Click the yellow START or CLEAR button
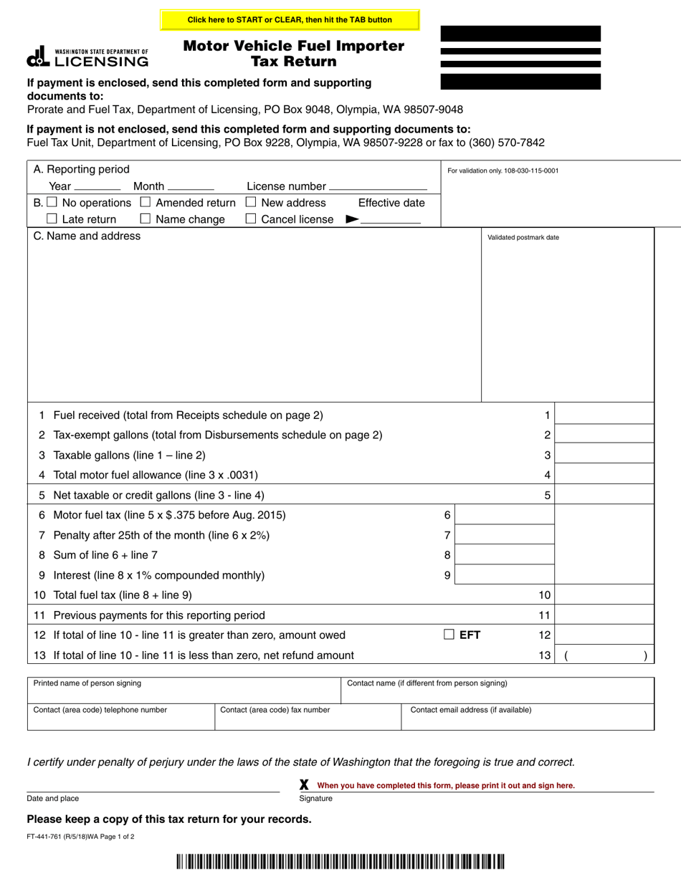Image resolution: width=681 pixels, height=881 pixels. [x=290, y=20]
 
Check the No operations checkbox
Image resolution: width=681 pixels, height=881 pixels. [x=52, y=203]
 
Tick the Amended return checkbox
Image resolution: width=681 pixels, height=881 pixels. [x=146, y=203]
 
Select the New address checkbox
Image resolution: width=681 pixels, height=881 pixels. [x=251, y=203]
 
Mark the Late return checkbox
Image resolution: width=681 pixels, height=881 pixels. [x=52, y=219]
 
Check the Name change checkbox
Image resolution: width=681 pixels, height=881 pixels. [x=146, y=219]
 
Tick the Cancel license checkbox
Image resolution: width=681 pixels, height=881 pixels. [x=251, y=219]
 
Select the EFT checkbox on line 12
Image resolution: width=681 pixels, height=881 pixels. [x=449, y=634]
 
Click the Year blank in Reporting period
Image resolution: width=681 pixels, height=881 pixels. [x=97, y=186]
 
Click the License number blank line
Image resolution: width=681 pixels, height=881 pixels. [x=378, y=186]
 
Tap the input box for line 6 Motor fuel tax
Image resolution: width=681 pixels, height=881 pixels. [x=505, y=515]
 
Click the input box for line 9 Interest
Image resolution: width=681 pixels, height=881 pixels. [x=505, y=575]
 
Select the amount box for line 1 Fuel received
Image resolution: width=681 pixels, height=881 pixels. [x=605, y=415]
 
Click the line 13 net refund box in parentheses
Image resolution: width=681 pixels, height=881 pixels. [x=605, y=655]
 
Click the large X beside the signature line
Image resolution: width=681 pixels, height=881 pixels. [x=304, y=785]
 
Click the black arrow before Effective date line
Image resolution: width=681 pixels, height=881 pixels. [x=351, y=220]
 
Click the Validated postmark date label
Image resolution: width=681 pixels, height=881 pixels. [x=523, y=238]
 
